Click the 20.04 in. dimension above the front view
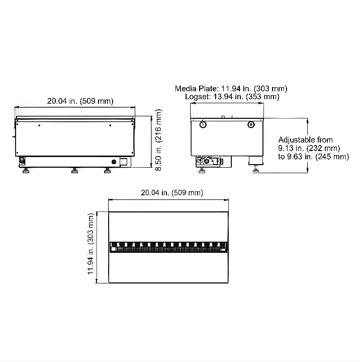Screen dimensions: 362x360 click(80, 101)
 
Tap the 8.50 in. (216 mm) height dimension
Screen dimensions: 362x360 click(158, 141)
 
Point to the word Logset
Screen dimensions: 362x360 click(196, 96)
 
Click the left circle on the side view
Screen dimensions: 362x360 click(203, 124)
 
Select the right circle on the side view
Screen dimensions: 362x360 click(251, 124)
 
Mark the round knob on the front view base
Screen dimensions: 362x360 click(113, 162)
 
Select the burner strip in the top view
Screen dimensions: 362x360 click(168, 247)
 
